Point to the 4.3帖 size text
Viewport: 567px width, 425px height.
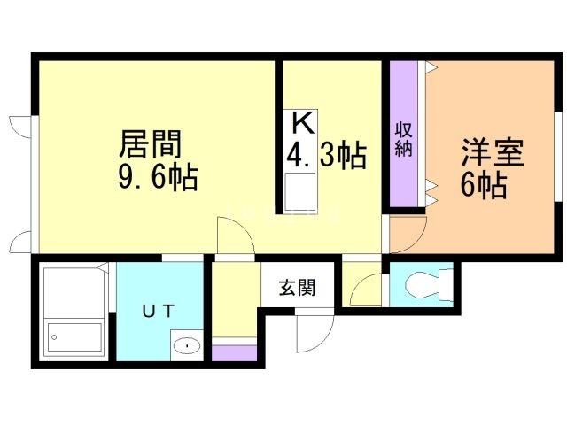point(325,156)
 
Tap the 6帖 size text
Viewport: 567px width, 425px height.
point(483,186)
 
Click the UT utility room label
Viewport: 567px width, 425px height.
point(159,311)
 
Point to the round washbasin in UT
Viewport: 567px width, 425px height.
point(185,346)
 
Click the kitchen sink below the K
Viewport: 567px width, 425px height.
point(299,189)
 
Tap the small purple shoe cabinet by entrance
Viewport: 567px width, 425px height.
point(234,352)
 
